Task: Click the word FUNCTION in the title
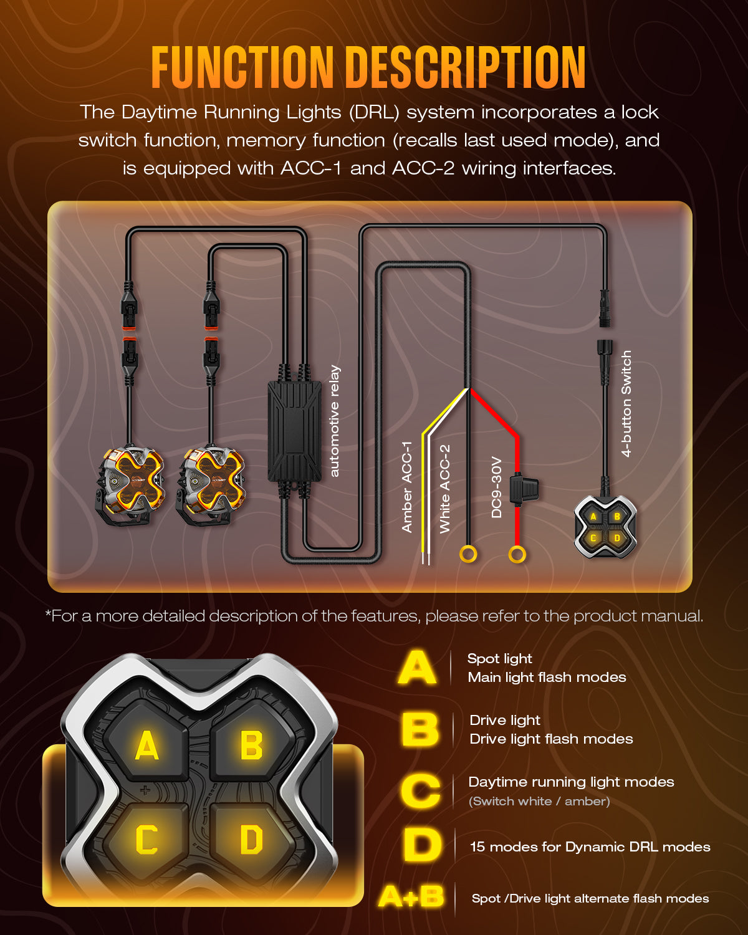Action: pos(242,67)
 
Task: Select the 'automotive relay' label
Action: pos(335,421)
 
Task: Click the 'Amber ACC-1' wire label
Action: pos(407,487)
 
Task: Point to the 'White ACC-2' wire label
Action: pos(444,489)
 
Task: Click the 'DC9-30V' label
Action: pos(496,487)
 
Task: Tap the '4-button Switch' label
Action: pos(626,404)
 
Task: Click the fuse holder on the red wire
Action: pos(524,487)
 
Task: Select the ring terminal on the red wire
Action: pos(517,554)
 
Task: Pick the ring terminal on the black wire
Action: pos(468,554)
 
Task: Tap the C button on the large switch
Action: pos(146,839)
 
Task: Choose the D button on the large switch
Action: pos(251,839)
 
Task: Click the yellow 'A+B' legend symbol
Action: pos(411,896)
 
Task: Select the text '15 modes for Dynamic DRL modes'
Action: pos(590,846)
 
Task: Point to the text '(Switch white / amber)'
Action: pos(539,801)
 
